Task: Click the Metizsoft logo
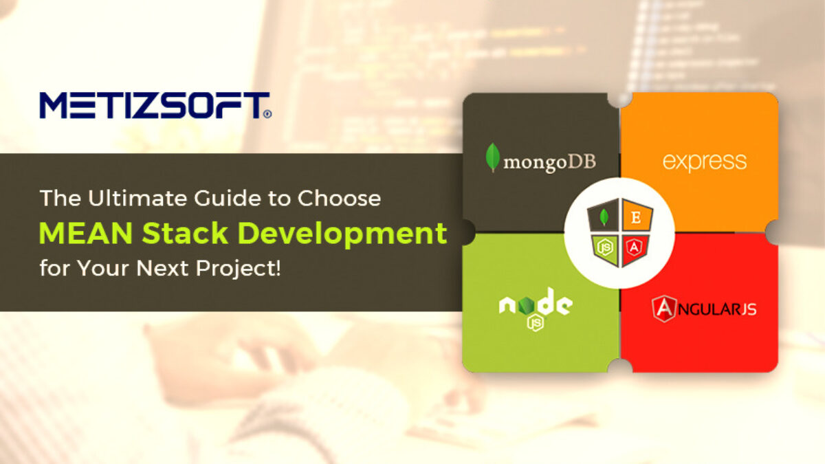tap(155, 105)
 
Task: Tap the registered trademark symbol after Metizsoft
tap(267, 114)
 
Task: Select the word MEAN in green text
tap(85, 233)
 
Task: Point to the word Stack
tap(185, 233)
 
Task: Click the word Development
tap(343, 234)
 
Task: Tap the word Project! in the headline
tap(238, 268)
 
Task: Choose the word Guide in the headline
tap(228, 199)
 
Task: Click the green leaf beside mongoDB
tap(493, 157)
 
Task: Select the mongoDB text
tap(549, 163)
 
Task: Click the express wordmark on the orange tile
tap(705, 162)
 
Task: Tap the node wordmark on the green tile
tap(536, 302)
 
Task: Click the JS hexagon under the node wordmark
tap(535, 323)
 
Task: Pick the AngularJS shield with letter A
tap(664, 309)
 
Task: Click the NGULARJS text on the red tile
tap(716, 310)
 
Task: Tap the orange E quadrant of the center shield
tap(637, 217)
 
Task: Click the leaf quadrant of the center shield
tap(604, 217)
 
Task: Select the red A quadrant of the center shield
tap(635, 248)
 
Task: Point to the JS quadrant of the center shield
tap(606, 248)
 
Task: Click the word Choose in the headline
tap(339, 199)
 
